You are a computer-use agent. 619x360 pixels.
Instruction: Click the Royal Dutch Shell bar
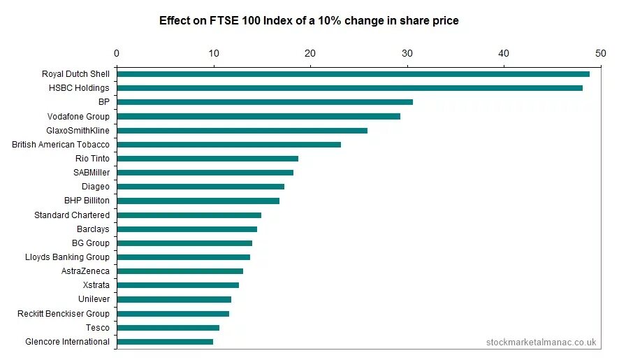click(x=353, y=74)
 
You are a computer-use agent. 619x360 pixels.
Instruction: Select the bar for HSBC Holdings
click(x=349, y=88)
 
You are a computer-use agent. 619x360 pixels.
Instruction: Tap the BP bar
click(x=265, y=102)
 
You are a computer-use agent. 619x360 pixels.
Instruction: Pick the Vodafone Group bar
click(x=258, y=116)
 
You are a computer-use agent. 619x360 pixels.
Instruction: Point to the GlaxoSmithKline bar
click(x=242, y=130)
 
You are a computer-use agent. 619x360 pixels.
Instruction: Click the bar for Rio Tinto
click(x=207, y=159)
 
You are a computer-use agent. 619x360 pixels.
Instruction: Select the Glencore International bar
click(x=165, y=342)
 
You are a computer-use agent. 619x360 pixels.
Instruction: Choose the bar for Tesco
click(x=168, y=328)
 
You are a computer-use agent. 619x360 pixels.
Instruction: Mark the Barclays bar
click(x=187, y=229)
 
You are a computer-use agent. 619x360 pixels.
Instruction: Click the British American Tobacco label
click(x=61, y=145)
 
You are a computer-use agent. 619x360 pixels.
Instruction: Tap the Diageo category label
click(x=96, y=187)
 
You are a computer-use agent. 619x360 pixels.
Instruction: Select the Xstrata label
click(x=96, y=285)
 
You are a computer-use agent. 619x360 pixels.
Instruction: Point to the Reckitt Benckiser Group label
click(x=64, y=314)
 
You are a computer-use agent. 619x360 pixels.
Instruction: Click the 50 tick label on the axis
click(x=599, y=53)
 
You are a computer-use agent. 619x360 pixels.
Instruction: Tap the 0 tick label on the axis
click(x=117, y=53)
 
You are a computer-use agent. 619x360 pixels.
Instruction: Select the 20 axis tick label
click(x=310, y=53)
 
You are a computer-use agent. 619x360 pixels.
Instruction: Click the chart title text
click(x=309, y=21)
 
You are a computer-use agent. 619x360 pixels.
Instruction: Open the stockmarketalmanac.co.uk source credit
click(x=541, y=343)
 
